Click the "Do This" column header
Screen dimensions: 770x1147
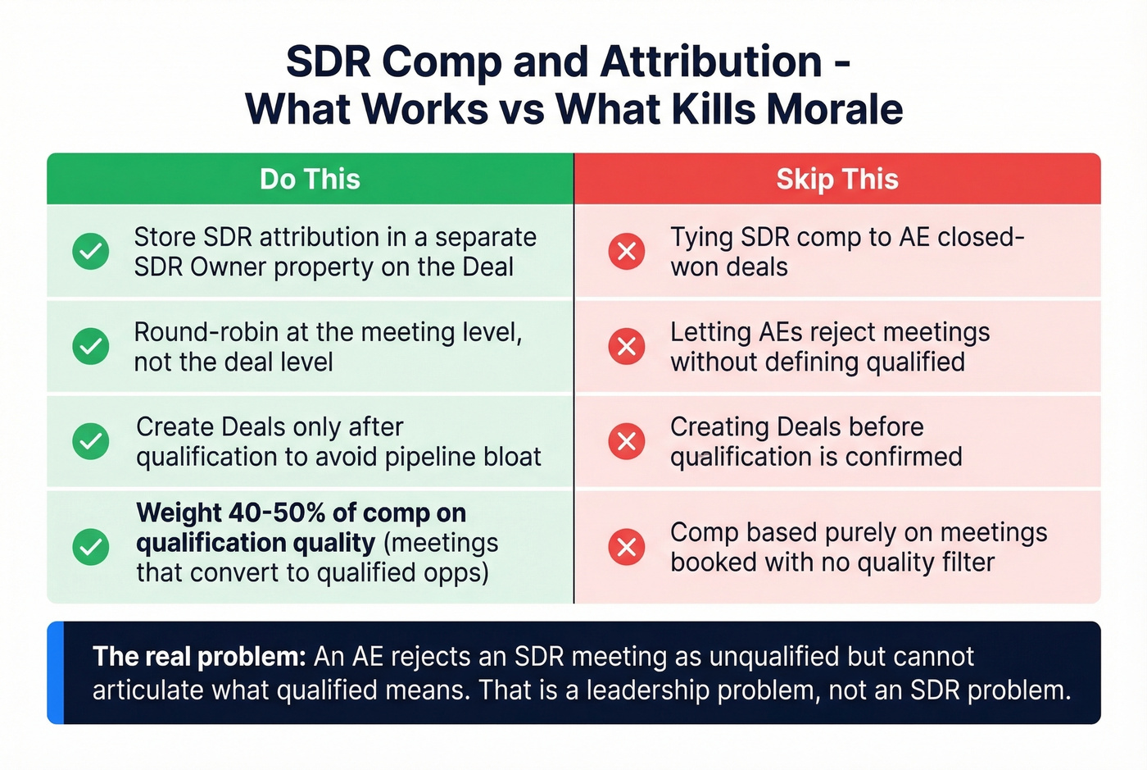(x=310, y=179)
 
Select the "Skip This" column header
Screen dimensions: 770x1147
(x=836, y=179)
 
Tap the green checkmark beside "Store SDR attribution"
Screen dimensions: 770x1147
(x=91, y=251)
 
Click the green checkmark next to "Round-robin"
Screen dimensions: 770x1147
(x=91, y=346)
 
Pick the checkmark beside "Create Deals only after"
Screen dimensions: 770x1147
(x=91, y=441)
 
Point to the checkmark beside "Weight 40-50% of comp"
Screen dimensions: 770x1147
(x=91, y=546)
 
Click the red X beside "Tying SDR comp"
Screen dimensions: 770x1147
(x=627, y=251)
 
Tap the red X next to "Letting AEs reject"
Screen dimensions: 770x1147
(x=627, y=346)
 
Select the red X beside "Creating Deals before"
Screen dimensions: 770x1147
(x=627, y=441)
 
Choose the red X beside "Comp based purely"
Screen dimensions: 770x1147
(x=627, y=546)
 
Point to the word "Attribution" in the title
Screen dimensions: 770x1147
(x=710, y=62)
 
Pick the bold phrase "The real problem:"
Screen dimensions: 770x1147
(x=199, y=657)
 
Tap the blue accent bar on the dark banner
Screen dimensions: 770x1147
(x=55, y=672)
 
